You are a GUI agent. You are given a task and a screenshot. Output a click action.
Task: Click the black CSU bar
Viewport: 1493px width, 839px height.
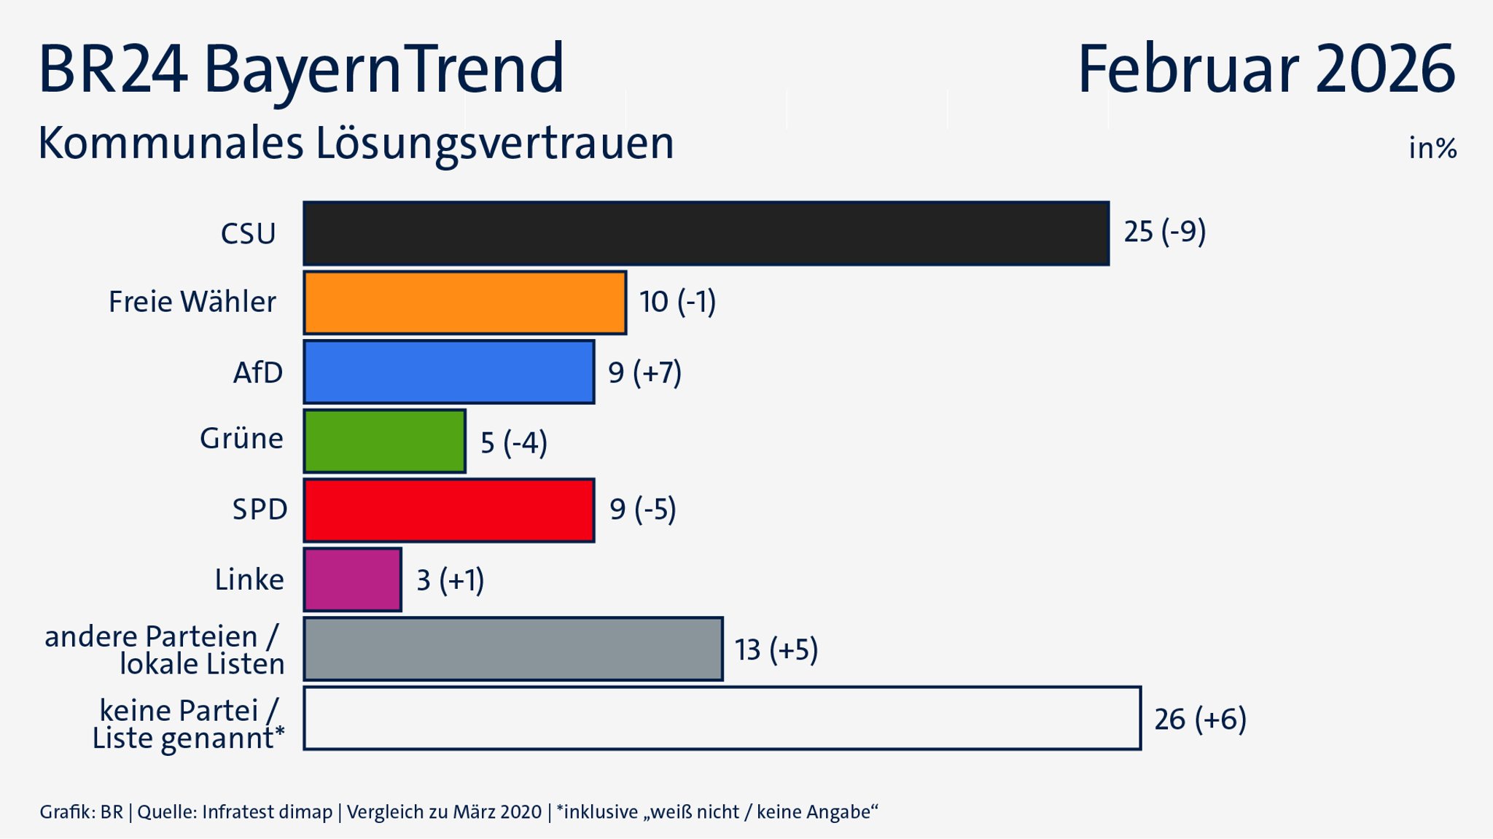pos(706,233)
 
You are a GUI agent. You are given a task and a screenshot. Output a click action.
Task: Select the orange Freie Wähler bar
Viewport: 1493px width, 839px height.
pos(464,303)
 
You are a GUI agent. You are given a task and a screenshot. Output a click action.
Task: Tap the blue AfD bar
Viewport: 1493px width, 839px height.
pos(448,372)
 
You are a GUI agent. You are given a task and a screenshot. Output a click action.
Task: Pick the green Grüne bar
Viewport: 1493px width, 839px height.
pos(384,441)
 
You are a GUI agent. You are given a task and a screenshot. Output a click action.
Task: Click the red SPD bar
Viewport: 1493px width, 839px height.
pos(448,510)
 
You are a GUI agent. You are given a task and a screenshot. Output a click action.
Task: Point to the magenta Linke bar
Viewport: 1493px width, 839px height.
pos(352,580)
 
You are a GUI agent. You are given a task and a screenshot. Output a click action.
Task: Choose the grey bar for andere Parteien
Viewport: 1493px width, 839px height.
pos(512,649)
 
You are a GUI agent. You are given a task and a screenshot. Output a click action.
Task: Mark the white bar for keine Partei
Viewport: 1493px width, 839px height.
pos(722,718)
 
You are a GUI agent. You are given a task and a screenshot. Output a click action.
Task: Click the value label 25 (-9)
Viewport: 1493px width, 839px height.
pos(1164,232)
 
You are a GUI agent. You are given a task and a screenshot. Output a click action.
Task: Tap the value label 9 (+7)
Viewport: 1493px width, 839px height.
pos(644,372)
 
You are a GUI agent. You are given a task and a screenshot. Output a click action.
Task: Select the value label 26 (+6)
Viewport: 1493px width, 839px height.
pos(1200,719)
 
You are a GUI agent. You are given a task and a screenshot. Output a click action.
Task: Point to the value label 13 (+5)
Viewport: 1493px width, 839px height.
pos(776,649)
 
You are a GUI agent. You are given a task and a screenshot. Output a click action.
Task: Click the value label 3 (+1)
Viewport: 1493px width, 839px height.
pos(450,580)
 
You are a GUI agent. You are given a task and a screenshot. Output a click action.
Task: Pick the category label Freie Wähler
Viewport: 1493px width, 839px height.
pos(192,302)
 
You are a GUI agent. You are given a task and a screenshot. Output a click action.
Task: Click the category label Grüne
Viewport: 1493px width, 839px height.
pos(241,439)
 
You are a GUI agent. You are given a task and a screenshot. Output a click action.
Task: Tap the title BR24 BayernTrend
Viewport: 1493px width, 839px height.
pos(301,69)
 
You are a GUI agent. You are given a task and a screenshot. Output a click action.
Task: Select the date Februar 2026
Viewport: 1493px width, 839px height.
pos(1266,69)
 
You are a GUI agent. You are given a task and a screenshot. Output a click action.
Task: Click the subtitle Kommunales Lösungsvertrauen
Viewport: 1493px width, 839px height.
pos(356,144)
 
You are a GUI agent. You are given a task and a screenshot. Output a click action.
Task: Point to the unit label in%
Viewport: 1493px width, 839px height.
pos(1432,149)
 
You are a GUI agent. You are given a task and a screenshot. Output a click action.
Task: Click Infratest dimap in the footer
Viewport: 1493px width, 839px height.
pos(267,812)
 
